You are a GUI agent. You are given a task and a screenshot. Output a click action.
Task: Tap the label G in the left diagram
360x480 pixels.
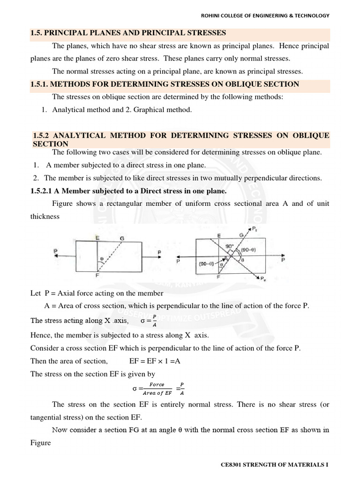pos(122,238)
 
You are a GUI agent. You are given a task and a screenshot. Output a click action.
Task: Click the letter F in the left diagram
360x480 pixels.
pos(97,275)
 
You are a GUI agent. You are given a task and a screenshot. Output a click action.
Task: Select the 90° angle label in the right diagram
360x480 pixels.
pos(229,247)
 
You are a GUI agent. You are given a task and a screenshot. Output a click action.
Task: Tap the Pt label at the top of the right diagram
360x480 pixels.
pos(254,229)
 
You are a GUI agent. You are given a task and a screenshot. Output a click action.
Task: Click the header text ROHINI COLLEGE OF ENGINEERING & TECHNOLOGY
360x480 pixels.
pos(265,15)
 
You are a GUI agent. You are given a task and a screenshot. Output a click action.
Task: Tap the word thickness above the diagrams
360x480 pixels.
pos(45,217)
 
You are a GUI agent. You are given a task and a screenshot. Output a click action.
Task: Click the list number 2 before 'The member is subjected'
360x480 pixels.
pos(35,178)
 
